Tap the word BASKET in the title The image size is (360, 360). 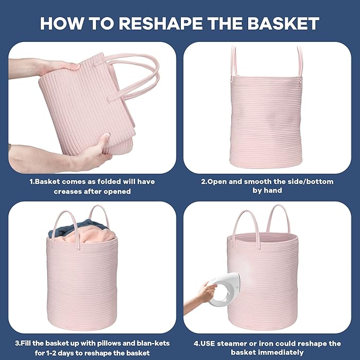tap(282, 23)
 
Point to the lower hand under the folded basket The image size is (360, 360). tap(90, 154)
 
